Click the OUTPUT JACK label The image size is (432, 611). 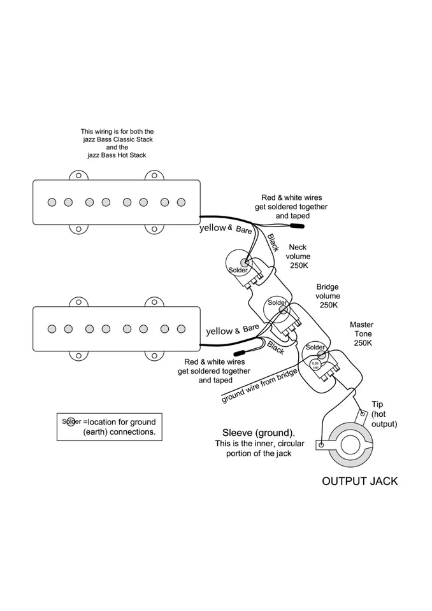click(x=359, y=481)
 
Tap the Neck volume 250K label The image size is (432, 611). click(x=298, y=256)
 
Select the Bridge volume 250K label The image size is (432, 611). click(x=328, y=296)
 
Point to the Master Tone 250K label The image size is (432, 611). click(x=361, y=334)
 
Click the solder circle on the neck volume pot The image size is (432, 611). click(x=244, y=263)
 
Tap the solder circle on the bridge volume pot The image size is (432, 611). click(x=278, y=303)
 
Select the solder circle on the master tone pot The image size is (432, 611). click(x=315, y=348)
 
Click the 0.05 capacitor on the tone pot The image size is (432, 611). click(x=315, y=365)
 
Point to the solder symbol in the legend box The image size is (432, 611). click(x=71, y=421)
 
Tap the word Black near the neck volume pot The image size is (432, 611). click(x=272, y=243)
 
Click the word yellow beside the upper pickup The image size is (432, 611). click(x=213, y=227)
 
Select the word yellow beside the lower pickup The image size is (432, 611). click(x=219, y=331)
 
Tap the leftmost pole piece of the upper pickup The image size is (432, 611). click(x=52, y=202)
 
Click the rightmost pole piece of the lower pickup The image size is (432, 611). click(x=181, y=328)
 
